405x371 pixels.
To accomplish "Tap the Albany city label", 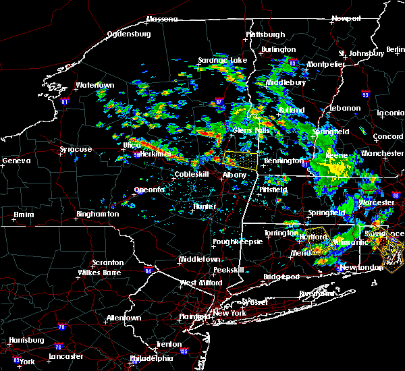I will (x=235, y=175).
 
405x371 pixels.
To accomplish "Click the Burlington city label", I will (x=278, y=49).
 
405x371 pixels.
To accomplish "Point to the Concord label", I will (x=387, y=136).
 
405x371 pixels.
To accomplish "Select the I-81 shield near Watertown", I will (x=65, y=102).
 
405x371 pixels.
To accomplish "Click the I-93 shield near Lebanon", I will (x=365, y=94).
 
